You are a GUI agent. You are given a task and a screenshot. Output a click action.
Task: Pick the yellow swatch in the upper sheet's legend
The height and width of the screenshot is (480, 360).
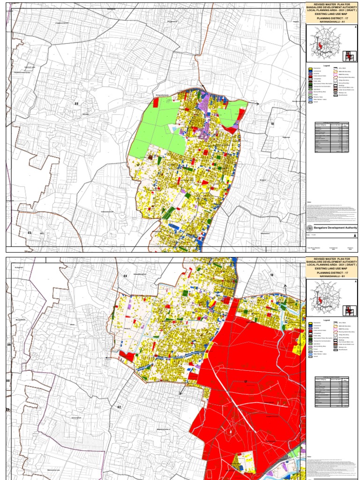point(310,69)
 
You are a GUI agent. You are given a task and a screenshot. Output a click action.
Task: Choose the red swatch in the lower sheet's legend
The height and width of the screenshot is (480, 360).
point(310,327)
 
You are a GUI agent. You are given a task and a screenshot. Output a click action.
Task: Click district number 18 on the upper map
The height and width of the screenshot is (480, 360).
point(272,123)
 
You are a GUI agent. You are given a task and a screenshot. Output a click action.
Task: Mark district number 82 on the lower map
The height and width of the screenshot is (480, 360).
point(119,407)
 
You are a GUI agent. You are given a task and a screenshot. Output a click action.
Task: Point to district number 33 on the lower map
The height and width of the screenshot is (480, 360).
point(125,276)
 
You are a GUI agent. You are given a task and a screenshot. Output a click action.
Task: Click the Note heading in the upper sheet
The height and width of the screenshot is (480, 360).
point(308,202)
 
